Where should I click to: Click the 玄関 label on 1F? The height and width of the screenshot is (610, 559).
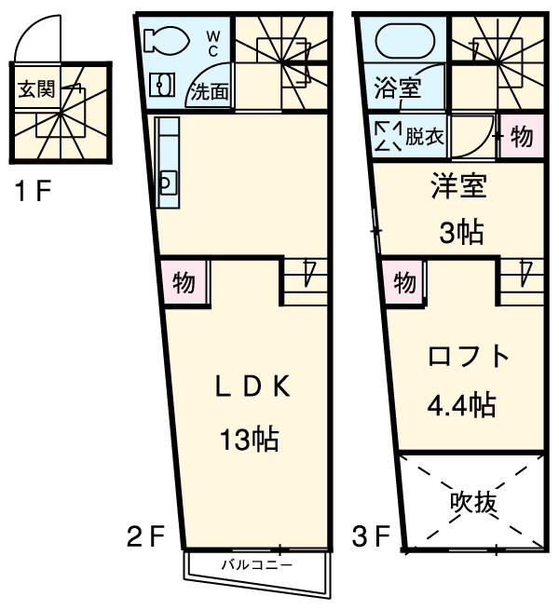36,90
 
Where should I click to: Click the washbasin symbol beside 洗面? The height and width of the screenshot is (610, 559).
163,85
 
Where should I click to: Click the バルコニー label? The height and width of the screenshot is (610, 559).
257,564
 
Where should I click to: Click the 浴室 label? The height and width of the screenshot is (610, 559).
397,90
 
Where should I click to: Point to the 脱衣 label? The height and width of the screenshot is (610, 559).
424,137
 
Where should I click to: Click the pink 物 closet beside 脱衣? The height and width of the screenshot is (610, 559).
521,137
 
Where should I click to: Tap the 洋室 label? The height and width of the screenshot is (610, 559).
457,186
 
